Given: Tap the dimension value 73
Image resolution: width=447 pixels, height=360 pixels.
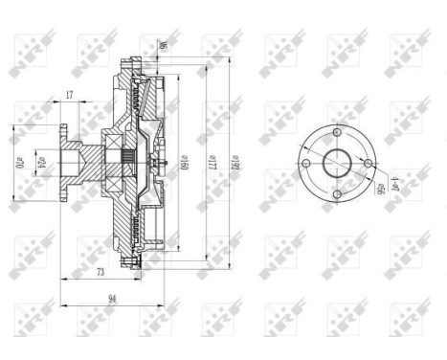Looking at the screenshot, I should pos(99,273).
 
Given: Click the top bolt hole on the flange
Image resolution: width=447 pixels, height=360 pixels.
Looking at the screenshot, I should pos(340,130).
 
